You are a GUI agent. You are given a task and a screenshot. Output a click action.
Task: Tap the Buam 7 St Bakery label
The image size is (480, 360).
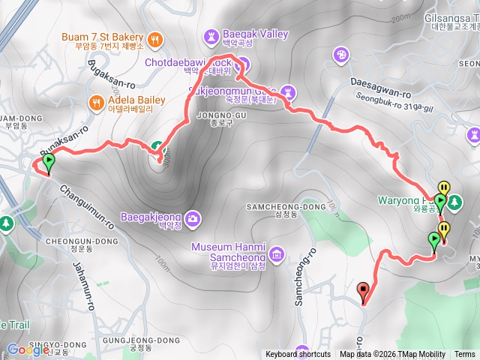(109, 38)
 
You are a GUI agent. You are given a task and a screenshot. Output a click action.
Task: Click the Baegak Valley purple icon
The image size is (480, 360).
(210, 35)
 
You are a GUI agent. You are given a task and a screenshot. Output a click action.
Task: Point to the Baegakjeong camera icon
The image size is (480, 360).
(193, 218)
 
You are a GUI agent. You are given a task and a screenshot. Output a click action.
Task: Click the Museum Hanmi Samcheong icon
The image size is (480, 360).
(277, 255)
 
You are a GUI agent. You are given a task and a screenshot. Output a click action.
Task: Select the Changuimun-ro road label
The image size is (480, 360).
(85, 206)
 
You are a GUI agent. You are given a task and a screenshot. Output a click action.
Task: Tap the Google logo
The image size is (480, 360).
(28, 349)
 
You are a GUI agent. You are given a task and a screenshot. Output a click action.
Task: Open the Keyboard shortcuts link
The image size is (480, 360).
(298, 355)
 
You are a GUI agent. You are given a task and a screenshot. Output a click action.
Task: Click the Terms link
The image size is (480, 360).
(464, 355)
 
